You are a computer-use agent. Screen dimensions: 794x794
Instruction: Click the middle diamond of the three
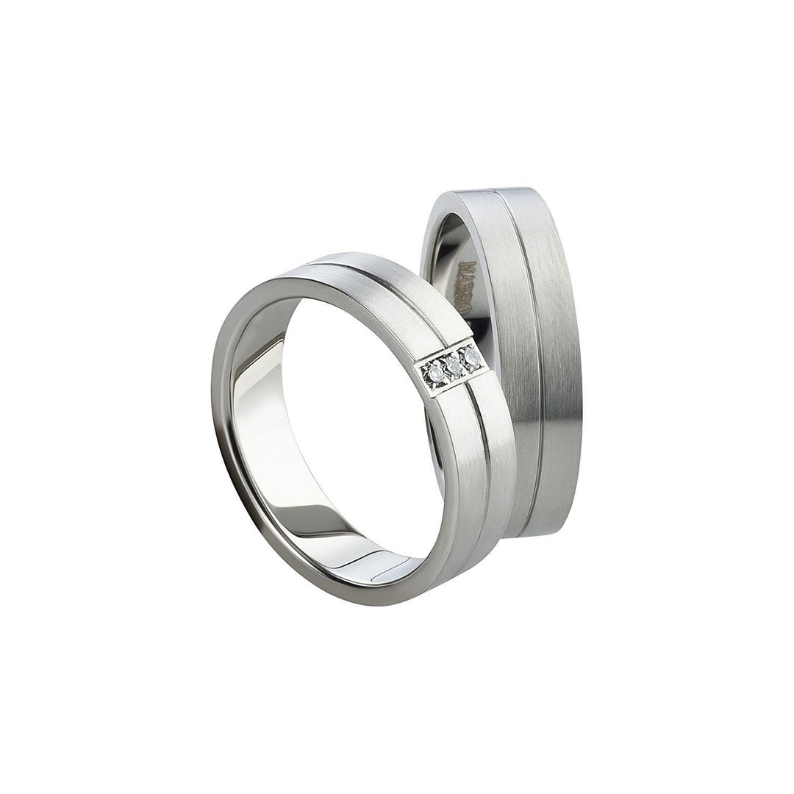455,366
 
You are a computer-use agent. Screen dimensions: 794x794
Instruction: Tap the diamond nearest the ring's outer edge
473,358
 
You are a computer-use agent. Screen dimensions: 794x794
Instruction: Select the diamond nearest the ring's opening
437,374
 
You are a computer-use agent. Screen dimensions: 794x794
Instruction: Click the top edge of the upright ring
500,190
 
